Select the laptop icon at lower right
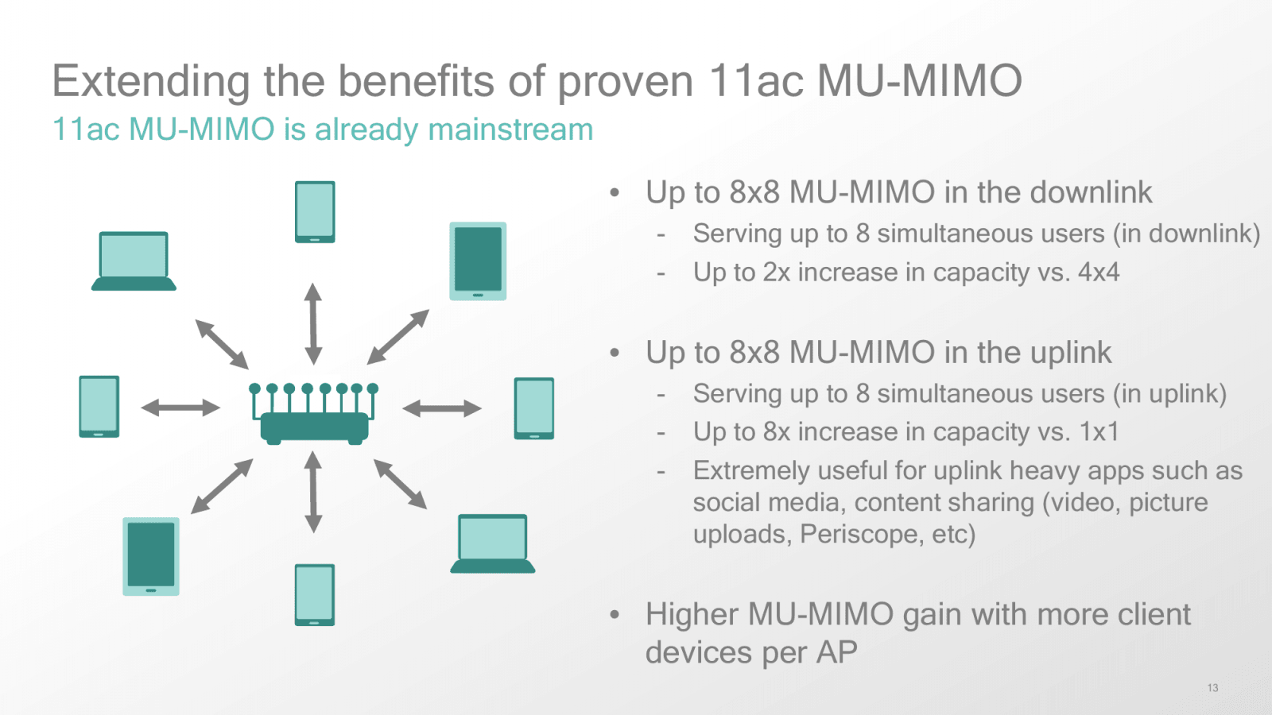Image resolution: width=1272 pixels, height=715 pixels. (x=493, y=543)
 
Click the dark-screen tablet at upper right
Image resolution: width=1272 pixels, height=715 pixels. (x=478, y=261)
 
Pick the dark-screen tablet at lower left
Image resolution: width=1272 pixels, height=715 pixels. (x=151, y=556)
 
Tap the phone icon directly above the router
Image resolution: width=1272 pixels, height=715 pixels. (x=315, y=211)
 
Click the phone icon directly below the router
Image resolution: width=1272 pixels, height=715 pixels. (x=315, y=594)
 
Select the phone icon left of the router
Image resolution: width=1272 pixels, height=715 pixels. (x=99, y=406)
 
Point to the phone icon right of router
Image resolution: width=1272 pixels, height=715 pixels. (x=534, y=408)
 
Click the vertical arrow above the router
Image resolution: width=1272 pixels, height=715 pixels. (x=313, y=323)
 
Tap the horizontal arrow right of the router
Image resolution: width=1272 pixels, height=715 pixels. (x=442, y=408)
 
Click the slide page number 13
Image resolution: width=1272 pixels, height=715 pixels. (x=1212, y=688)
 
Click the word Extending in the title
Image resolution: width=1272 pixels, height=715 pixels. (x=151, y=81)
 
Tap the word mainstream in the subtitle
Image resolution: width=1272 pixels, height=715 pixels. (x=510, y=129)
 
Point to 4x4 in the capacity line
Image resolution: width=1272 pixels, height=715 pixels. (x=1098, y=272)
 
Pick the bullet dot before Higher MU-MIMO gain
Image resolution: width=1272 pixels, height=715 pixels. (x=615, y=614)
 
